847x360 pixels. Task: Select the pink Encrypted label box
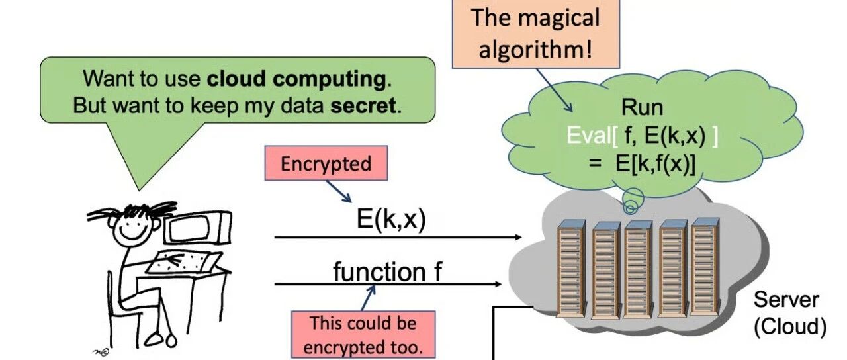(x=326, y=164)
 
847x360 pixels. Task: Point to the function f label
(x=388, y=271)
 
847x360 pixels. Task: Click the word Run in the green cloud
(x=641, y=108)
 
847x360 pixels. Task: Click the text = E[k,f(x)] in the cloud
(x=641, y=163)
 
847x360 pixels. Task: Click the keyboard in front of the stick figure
(x=177, y=263)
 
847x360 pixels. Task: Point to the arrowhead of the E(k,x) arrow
(x=517, y=236)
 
